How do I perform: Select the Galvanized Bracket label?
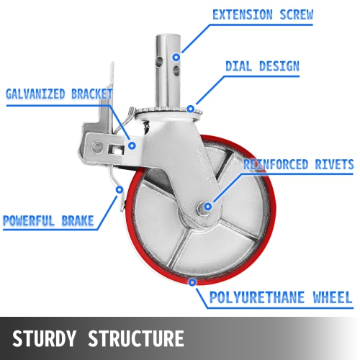click(x=59, y=94)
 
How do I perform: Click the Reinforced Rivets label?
click(x=298, y=165)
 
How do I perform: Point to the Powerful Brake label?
click(x=48, y=220)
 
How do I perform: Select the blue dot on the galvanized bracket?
click(x=132, y=145)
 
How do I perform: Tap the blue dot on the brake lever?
click(x=120, y=190)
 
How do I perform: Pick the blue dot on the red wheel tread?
click(x=192, y=283)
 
